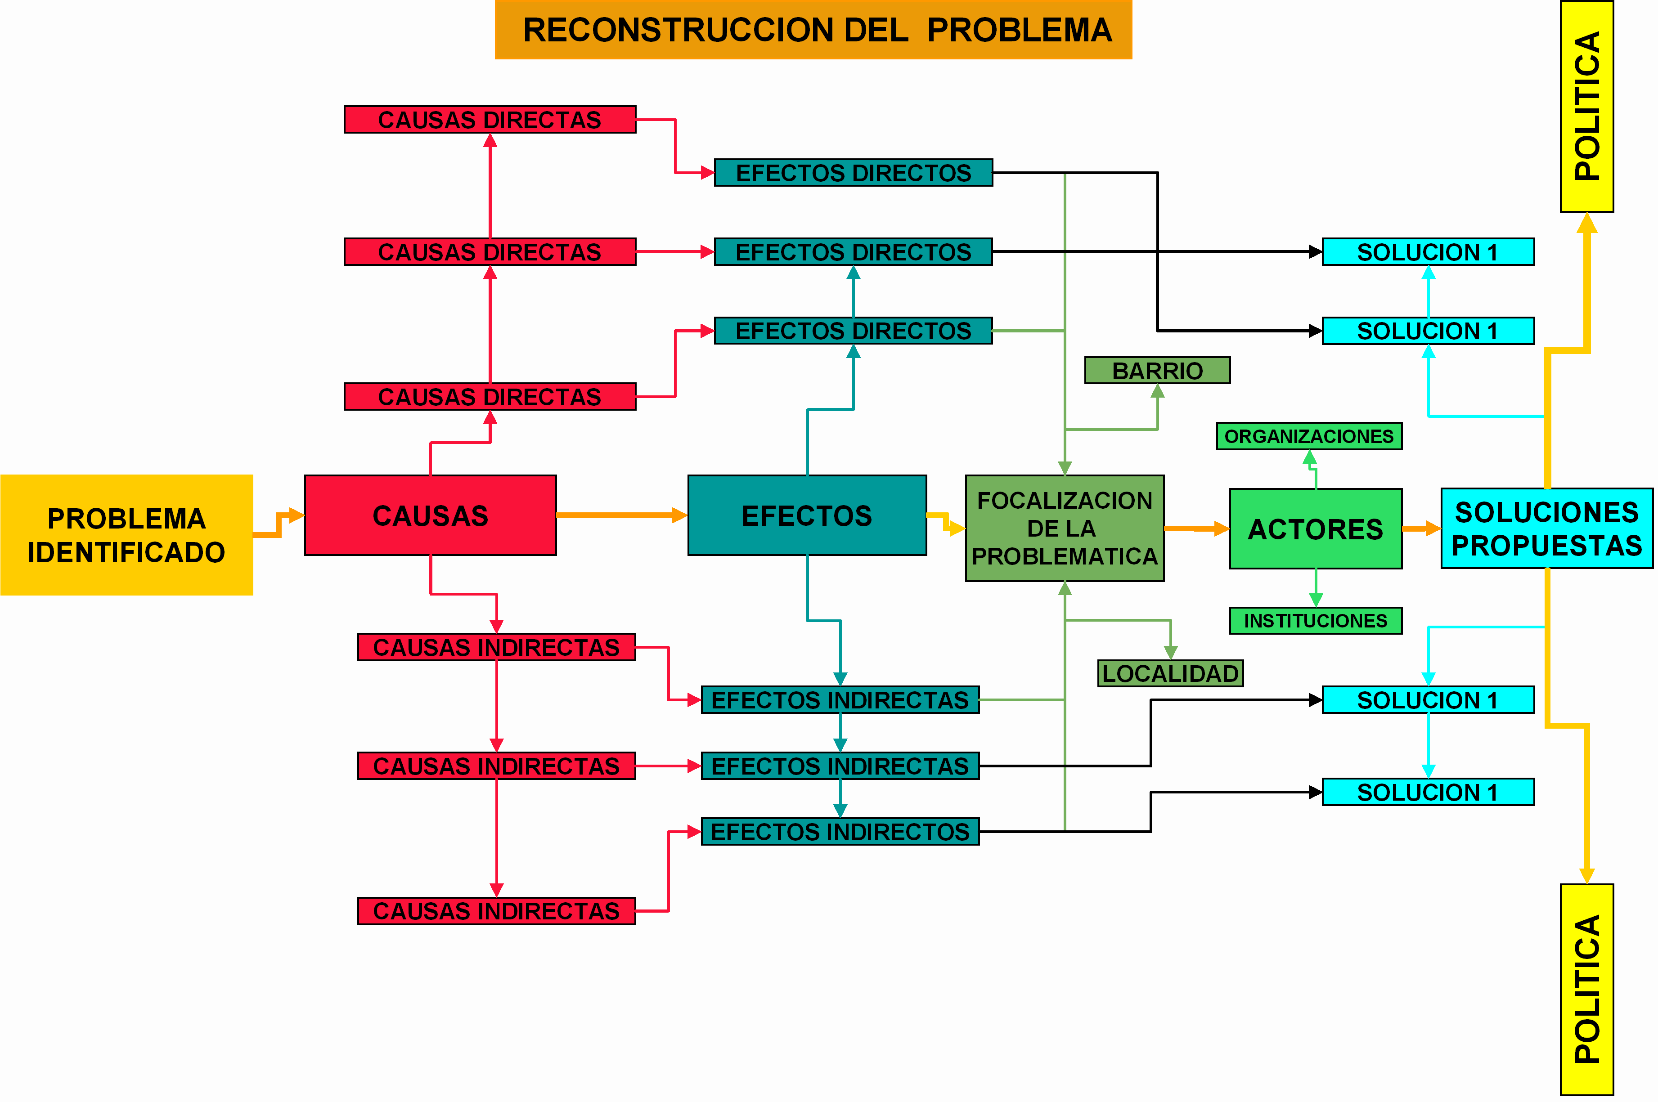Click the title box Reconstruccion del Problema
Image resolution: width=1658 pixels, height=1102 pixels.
click(x=813, y=30)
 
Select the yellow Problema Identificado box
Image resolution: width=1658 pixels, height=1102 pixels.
click(x=126, y=535)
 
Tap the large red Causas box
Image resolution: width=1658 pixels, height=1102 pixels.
click(x=430, y=515)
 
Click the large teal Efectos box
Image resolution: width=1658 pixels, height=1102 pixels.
click(x=807, y=515)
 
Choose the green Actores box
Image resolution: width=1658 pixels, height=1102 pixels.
click(x=1315, y=529)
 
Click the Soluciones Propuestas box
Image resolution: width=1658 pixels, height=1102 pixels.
click(x=1546, y=529)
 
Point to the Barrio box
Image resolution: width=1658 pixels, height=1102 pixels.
click(x=1157, y=370)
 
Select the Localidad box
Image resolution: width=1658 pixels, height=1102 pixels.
click(x=1170, y=673)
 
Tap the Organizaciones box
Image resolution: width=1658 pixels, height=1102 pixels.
click(x=1309, y=436)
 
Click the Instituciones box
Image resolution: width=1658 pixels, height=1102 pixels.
click(x=1315, y=621)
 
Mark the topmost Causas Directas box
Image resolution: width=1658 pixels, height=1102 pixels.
click(x=490, y=120)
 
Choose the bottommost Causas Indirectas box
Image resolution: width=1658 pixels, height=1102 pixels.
click(x=496, y=911)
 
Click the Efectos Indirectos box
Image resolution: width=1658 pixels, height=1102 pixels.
click(x=840, y=831)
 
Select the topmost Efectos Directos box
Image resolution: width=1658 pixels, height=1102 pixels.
click(x=853, y=173)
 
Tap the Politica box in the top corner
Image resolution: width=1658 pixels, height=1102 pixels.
click(x=1586, y=106)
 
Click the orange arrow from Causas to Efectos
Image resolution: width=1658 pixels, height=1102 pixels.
click(x=619, y=515)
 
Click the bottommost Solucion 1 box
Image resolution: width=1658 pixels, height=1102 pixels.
click(x=1428, y=792)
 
